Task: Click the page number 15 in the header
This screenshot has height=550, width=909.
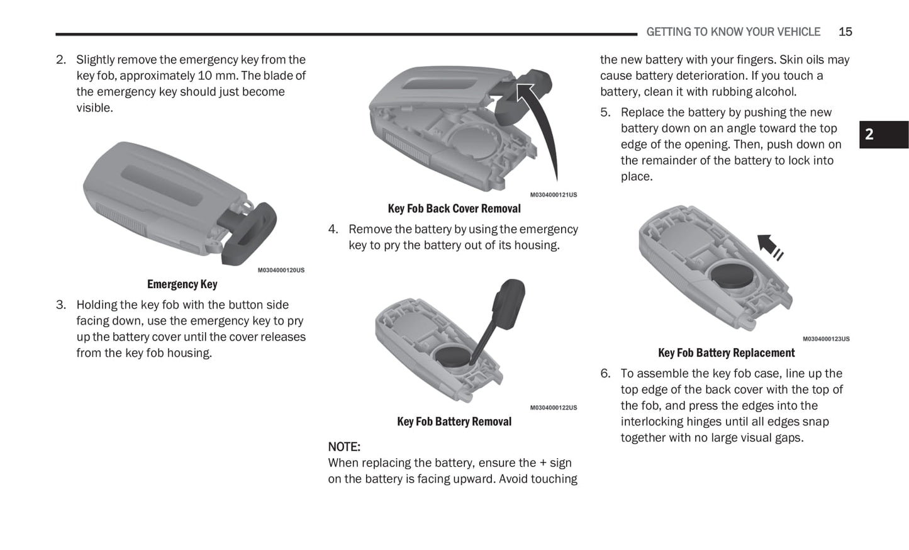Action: (x=845, y=31)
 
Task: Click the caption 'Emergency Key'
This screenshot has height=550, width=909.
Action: (x=182, y=284)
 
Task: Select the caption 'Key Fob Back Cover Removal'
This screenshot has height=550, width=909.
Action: (x=454, y=208)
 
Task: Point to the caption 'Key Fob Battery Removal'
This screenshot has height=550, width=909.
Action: (x=454, y=422)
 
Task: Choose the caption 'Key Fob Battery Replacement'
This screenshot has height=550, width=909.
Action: (x=726, y=353)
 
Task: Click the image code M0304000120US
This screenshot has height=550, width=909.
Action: (x=281, y=271)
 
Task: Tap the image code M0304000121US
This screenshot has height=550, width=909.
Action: (x=553, y=195)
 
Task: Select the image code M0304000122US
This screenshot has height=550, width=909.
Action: (x=553, y=408)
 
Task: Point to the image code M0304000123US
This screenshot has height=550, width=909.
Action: (x=825, y=339)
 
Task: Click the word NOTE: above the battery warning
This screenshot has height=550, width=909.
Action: (x=344, y=447)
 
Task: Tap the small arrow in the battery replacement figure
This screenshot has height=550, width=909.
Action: (x=768, y=245)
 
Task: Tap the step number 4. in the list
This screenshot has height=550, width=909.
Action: (x=333, y=229)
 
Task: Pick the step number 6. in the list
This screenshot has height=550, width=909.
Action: (x=605, y=373)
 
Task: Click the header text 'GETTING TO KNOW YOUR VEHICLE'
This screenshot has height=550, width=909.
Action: (x=733, y=31)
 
